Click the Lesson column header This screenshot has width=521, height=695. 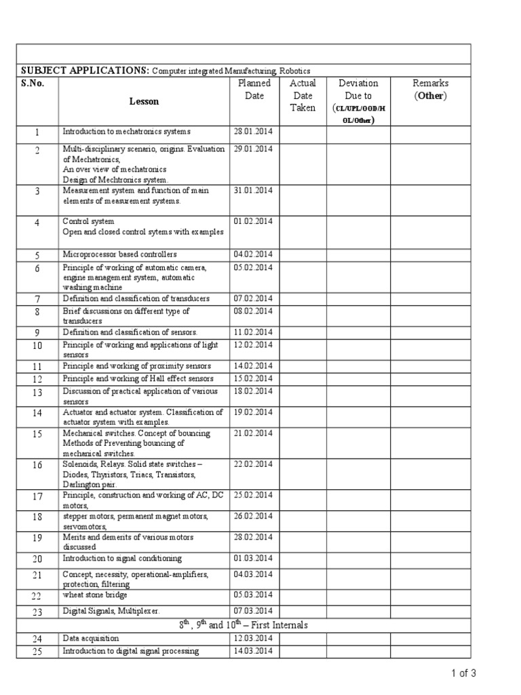pyautogui.click(x=144, y=101)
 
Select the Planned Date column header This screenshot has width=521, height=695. pyautogui.click(x=254, y=90)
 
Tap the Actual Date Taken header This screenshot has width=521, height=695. pyautogui.click(x=303, y=95)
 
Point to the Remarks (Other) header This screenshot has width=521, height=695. pyautogui.click(x=430, y=90)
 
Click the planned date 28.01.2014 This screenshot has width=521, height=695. pyautogui.click(x=252, y=132)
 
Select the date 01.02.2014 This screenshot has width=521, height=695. pyautogui.click(x=252, y=221)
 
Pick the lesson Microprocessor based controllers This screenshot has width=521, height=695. pyautogui.click(x=119, y=255)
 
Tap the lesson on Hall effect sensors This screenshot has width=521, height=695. pyautogui.click(x=138, y=379)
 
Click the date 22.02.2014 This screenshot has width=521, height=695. pyautogui.click(x=252, y=464)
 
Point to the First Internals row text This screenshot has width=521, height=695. pyautogui.click(x=243, y=625)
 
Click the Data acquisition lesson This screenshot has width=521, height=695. pyautogui.click(x=91, y=639)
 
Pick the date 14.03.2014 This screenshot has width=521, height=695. pyautogui.click(x=252, y=652)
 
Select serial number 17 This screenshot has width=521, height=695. pyautogui.click(x=37, y=497)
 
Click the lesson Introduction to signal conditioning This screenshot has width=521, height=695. pyautogui.click(x=122, y=559)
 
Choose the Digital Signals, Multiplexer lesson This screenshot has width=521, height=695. pyautogui.click(x=111, y=612)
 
